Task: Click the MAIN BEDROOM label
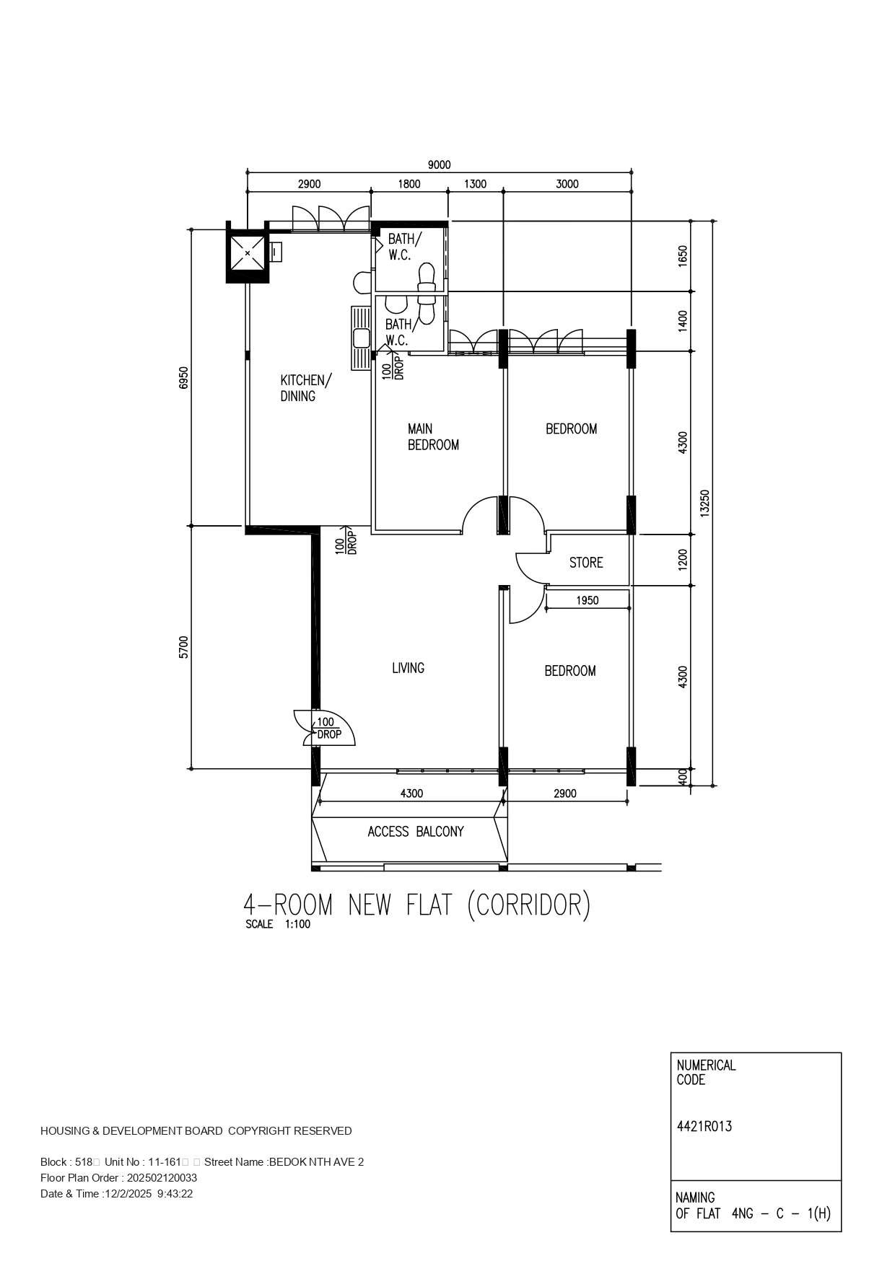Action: [x=433, y=437]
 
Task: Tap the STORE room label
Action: [x=586, y=563]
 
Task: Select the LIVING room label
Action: [x=408, y=668]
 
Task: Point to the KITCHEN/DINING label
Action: [x=306, y=388]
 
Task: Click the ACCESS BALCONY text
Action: [x=416, y=832]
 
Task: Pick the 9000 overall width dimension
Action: [x=439, y=165]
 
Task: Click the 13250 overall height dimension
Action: [x=705, y=503]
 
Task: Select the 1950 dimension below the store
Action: [x=588, y=600]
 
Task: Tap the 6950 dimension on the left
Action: [x=183, y=378]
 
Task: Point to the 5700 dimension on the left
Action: [x=183, y=647]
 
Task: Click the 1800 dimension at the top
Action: [x=409, y=184]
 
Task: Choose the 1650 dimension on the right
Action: [x=683, y=257]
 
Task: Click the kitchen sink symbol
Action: [x=361, y=338]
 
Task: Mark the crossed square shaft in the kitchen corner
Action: [x=248, y=253]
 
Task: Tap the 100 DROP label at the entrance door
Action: [x=328, y=728]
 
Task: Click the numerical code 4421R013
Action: [x=704, y=1126]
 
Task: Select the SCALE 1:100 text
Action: [x=278, y=924]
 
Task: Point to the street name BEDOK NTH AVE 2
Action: [x=316, y=1162]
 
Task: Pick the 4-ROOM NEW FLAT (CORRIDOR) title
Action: [x=417, y=905]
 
